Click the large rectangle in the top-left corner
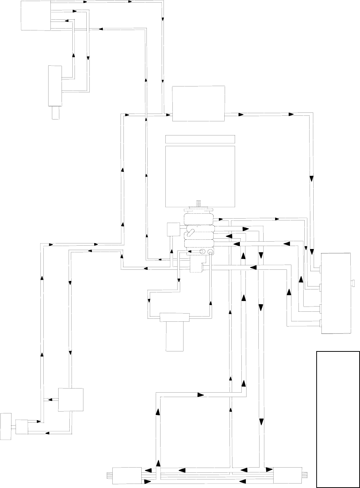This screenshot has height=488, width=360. point(36,15)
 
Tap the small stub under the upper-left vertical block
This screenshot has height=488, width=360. point(56,113)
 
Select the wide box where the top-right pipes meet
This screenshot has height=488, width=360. point(199,103)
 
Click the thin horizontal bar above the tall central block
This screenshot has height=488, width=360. point(200,139)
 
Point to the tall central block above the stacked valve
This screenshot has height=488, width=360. point(200,176)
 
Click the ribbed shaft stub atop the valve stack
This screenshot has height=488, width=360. point(199,204)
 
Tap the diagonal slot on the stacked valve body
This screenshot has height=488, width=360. point(191,233)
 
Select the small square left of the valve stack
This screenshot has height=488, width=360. point(174,229)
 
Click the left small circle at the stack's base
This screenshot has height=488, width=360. point(203,252)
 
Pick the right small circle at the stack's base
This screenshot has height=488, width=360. point(210,252)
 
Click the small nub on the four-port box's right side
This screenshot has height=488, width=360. point(353,284)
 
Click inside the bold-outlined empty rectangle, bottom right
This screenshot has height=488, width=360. point(338,419)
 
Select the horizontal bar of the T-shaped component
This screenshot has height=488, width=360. point(175,317)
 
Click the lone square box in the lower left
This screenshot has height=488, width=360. point(71,400)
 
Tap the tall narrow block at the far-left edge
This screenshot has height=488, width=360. point(6,426)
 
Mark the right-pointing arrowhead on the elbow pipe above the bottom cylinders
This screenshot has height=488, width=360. point(201,395)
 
